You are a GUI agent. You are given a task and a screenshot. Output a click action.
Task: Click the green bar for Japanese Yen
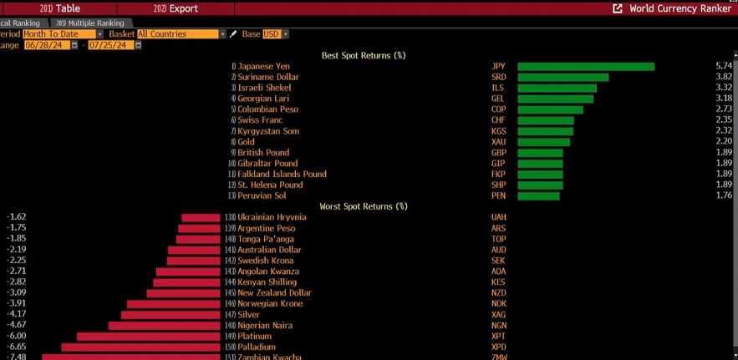click(x=585, y=66)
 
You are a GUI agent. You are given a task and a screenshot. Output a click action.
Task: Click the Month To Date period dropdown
click(x=62, y=34)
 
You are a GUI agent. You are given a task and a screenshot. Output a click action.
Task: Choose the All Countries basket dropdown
click(x=181, y=34)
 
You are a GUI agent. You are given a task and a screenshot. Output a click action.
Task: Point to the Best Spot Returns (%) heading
click(x=364, y=55)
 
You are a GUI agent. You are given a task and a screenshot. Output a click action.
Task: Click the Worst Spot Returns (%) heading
click(x=364, y=206)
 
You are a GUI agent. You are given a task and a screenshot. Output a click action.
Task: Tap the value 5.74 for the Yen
click(x=724, y=66)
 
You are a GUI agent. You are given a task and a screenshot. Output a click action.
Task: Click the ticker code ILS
click(x=498, y=88)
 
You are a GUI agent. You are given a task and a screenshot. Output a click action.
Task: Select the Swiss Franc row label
click(x=260, y=120)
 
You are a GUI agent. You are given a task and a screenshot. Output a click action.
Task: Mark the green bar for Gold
click(x=543, y=142)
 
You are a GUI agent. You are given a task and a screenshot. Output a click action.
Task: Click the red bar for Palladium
click(x=140, y=347)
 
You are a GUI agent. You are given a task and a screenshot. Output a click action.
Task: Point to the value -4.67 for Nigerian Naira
click(x=17, y=325)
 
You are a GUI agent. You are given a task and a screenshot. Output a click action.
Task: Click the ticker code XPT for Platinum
click(x=499, y=336)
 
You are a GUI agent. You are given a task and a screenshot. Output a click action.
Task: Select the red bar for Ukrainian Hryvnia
click(x=201, y=217)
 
